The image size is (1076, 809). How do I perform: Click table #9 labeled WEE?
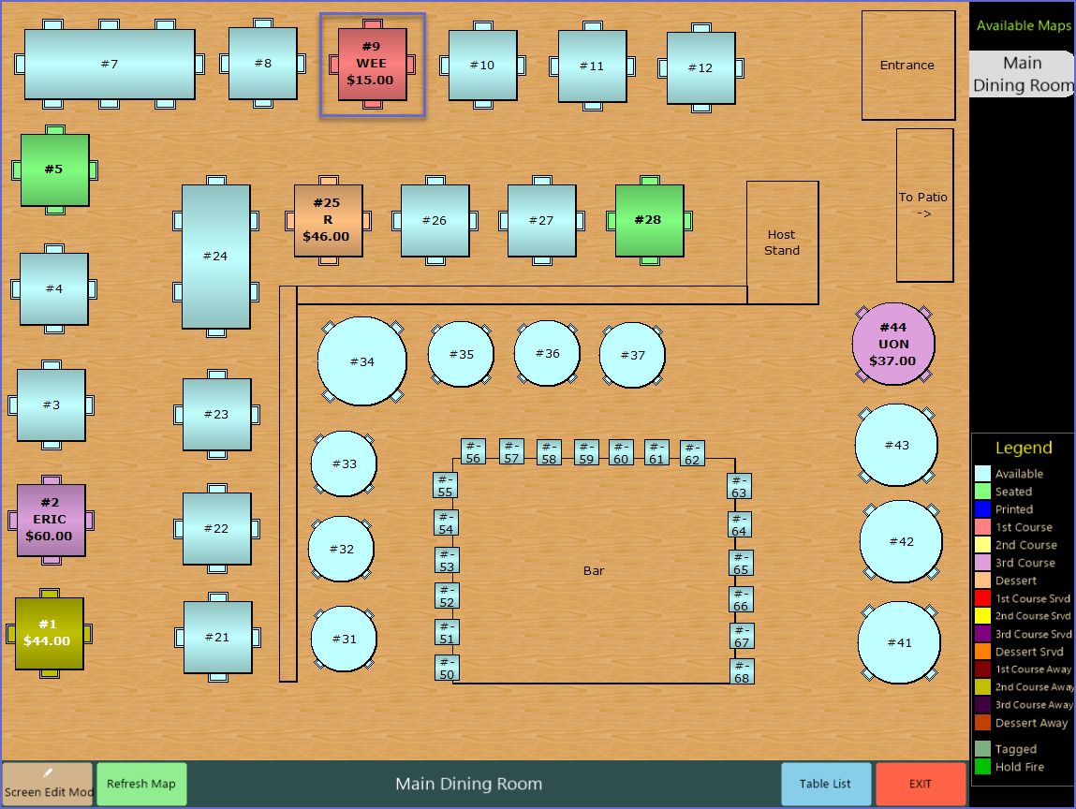[372, 64]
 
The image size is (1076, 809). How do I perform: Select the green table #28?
[649, 221]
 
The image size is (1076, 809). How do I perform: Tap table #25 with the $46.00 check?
[328, 221]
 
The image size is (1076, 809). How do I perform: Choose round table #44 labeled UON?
[893, 344]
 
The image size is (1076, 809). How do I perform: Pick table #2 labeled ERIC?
[51, 520]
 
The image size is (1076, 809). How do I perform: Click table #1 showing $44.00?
[49, 633]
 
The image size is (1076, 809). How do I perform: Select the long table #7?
[110, 64]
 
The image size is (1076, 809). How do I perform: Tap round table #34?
[361, 361]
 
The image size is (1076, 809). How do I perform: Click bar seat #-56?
[473, 451]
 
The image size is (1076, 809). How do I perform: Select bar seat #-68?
[742, 671]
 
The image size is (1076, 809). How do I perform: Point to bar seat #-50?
[447, 668]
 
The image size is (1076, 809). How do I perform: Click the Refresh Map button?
[141, 784]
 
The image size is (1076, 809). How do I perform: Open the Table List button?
[826, 784]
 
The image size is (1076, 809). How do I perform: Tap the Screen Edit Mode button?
[48, 784]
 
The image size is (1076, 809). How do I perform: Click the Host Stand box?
[782, 243]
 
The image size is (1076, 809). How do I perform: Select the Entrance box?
[906, 66]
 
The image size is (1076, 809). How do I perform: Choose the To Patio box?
[924, 205]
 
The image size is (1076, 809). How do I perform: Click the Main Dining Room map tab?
[1022, 74]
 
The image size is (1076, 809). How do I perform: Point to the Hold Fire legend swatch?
[982, 767]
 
